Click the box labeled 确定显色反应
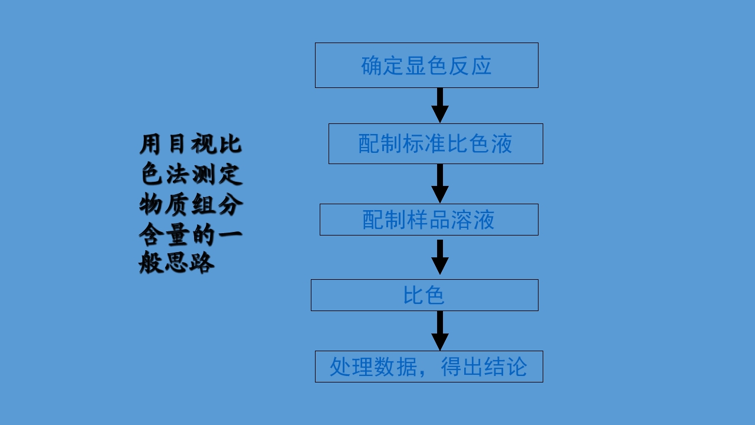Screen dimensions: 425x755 426,65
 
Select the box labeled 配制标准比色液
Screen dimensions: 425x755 435,143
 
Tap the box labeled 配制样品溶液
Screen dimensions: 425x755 429,220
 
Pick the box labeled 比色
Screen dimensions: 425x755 424,295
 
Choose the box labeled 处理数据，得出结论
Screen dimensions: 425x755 429,367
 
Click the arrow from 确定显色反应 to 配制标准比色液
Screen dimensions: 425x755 440,105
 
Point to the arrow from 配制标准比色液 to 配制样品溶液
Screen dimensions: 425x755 440,183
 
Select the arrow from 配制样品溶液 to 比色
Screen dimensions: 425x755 440,257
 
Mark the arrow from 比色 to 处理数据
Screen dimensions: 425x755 440,331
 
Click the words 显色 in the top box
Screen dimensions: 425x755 426,66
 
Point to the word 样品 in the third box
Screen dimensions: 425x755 428,220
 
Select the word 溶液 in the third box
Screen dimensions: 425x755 472,220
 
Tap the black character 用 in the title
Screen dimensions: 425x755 152,145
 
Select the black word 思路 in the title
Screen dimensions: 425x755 189,263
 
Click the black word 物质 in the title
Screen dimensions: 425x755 165,205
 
